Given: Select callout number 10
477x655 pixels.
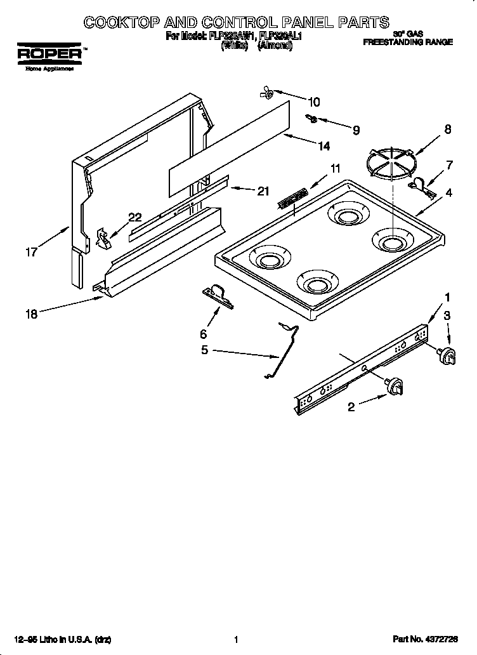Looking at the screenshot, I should (313, 102).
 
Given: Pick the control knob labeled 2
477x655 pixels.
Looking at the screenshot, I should (395, 385).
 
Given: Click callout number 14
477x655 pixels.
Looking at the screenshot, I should (323, 146).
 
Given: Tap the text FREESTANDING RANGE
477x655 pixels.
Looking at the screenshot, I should (408, 42).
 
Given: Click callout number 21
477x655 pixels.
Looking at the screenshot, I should (262, 191).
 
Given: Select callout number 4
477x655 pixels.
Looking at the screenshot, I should (448, 192).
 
